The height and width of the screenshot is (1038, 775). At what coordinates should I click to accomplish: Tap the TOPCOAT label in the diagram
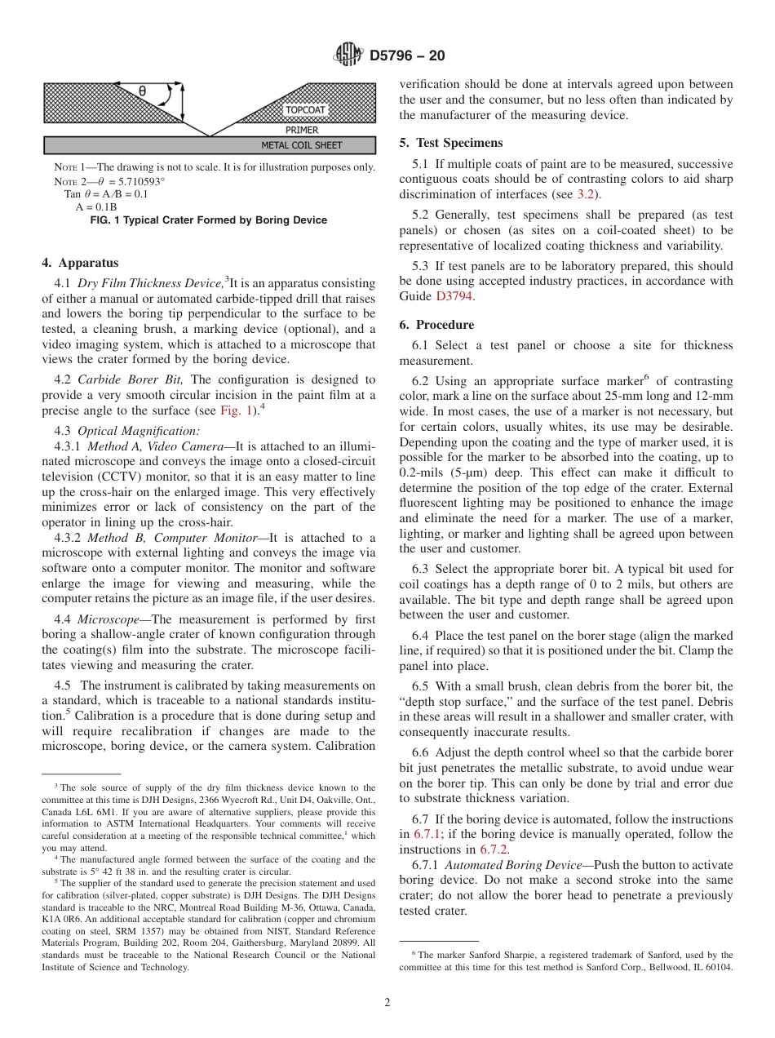tap(305, 110)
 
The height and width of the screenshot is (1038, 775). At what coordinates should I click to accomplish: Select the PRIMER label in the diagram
tap(302, 130)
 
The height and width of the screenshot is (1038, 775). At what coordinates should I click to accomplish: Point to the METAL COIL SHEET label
tap(302, 146)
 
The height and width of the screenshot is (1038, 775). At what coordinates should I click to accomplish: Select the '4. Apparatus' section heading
tap(80, 263)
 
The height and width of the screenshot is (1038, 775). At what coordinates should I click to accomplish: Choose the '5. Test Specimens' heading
tap(450, 143)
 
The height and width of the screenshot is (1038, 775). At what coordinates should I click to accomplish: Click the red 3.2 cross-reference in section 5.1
tap(585, 194)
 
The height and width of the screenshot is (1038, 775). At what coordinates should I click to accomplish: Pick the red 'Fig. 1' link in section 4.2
tap(237, 410)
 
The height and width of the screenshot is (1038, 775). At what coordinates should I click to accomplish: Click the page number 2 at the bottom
tap(387, 1003)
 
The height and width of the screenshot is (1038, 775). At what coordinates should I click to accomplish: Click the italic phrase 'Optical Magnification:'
tap(139, 431)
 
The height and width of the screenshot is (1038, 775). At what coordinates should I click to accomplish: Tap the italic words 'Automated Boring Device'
tap(504, 865)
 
